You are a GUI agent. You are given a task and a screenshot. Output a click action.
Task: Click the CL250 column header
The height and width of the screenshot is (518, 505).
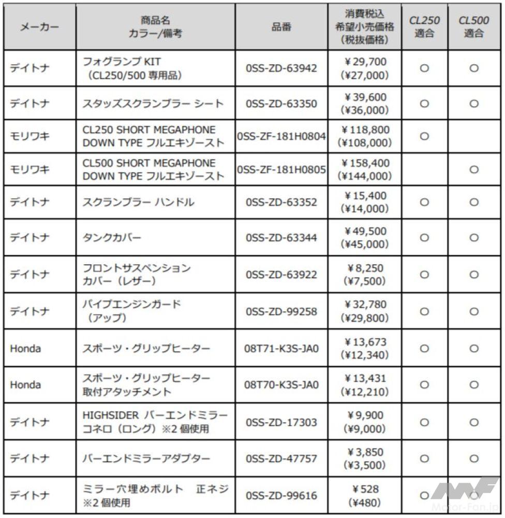pyautogui.click(x=424, y=27)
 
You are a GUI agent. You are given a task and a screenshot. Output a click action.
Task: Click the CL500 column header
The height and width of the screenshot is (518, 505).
pyautogui.click(x=473, y=27)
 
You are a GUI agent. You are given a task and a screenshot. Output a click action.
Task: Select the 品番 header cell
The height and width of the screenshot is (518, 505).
pyautogui.click(x=281, y=27)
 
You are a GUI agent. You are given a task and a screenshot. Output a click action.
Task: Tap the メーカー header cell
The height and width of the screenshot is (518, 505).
pyautogui.click(x=39, y=27)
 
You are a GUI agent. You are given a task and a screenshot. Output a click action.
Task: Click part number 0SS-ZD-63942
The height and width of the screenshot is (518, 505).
pyautogui.click(x=281, y=68)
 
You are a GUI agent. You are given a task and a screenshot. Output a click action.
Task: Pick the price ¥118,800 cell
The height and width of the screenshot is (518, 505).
pyautogui.click(x=365, y=136)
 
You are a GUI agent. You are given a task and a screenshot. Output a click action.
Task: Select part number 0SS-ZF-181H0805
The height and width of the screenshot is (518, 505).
pyautogui.click(x=281, y=169)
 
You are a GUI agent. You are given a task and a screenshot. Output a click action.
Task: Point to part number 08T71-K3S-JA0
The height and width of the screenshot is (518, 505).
pyautogui.click(x=281, y=349)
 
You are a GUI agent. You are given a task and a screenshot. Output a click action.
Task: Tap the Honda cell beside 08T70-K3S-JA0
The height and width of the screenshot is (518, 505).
pyautogui.click(x=25, y=385)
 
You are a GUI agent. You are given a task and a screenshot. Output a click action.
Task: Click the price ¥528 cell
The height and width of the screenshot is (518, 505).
pyautogui.click(x=365, y=495)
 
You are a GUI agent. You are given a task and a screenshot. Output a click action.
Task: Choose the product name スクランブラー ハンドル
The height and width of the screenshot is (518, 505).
pyautogui.click(x=139, y=202)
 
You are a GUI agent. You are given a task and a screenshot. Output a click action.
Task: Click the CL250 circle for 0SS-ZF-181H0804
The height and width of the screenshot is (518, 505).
pyautogui.click(x=424, y=136)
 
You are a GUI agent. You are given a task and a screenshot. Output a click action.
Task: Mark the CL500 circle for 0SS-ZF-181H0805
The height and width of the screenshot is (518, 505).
pyautogui.click(x=473, y=169)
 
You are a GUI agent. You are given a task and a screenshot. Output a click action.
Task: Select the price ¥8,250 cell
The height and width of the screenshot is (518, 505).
pyautogui.click(x=365, y=275)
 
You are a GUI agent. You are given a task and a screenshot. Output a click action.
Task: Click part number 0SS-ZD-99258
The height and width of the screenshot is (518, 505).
pyautogui.click(x=281, y=312)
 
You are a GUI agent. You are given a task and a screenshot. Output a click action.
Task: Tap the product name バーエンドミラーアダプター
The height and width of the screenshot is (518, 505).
pyautogui.click(x=146, y=459)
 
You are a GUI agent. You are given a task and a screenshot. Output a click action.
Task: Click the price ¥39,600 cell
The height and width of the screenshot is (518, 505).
pyautogui.click(x=365, y=104)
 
